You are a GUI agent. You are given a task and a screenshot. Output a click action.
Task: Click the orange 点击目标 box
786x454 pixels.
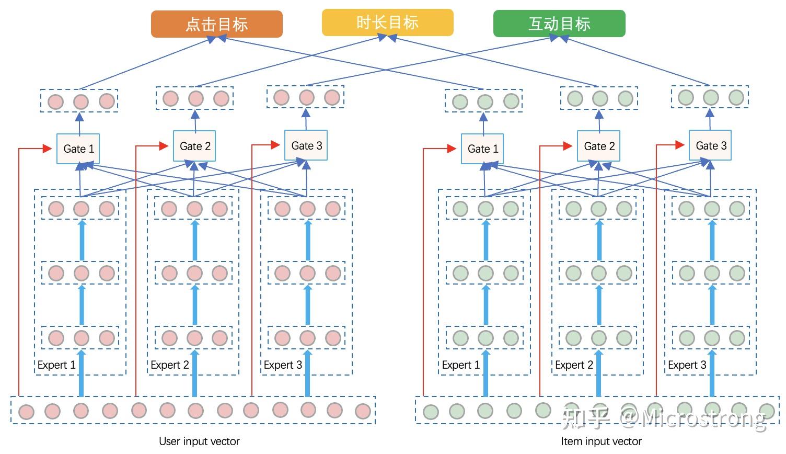(216, 24)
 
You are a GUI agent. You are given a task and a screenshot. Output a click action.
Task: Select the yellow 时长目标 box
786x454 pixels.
(387, 22)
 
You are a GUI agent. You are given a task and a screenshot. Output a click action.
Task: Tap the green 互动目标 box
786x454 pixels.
(559, 24)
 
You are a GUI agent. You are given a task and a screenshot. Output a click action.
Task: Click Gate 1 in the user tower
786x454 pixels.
(78, 149)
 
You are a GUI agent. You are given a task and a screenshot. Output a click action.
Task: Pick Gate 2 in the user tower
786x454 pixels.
(194, 146)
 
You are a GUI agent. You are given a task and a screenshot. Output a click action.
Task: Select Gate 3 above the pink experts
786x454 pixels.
(306, 145)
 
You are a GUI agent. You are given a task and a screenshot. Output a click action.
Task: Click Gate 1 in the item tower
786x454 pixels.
(482, 149)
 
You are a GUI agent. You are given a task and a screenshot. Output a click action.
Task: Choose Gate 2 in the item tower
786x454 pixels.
(598, 146)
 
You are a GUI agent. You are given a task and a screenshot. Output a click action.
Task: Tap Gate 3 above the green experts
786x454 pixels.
(710, 145)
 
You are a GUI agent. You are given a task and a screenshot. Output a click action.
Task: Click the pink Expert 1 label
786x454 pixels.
(56, 365)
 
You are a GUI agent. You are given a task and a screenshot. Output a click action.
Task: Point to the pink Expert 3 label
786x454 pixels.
(283, 365)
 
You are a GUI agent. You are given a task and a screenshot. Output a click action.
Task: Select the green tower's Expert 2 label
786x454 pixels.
(574, 365)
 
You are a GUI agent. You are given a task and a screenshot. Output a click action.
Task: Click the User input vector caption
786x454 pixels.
(199, 441)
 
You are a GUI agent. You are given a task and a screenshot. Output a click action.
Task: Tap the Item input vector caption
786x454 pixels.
(601, 441)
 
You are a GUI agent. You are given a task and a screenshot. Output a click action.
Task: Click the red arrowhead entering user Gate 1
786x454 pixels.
(48, 149)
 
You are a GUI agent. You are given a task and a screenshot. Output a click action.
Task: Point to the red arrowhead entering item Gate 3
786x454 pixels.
(680, 145)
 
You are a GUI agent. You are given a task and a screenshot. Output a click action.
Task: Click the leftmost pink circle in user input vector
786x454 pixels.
(26, 412)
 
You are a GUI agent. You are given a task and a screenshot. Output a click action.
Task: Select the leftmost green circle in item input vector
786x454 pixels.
(431, 412)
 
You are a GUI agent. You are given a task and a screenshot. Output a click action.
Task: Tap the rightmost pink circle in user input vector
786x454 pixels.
(363, 411)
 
